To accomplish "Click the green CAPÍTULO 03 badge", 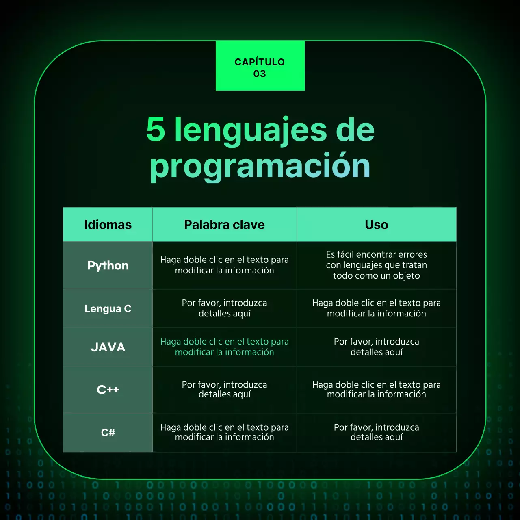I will (260, 66).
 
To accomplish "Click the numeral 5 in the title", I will (156, 130).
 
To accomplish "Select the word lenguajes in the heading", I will (250, 130).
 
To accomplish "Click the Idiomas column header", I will (108, 225).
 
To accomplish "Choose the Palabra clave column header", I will (224, 225).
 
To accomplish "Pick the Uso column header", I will (376, 225).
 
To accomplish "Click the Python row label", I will (108, 265).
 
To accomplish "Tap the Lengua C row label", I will (108, 309).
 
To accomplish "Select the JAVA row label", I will (108, 347).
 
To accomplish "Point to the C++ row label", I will (108, 390).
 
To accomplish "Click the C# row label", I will (108, 433).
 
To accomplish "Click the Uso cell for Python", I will (376, 265).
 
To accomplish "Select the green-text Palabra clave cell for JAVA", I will (224, 347).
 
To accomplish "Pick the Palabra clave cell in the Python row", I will (224, 265).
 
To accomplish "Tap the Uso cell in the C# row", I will (376, 432).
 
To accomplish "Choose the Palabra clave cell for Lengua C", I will (224, 308).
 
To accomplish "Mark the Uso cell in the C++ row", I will (376, 390).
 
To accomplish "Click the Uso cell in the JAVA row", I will (376, 347).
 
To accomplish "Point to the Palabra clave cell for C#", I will (224, 432).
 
